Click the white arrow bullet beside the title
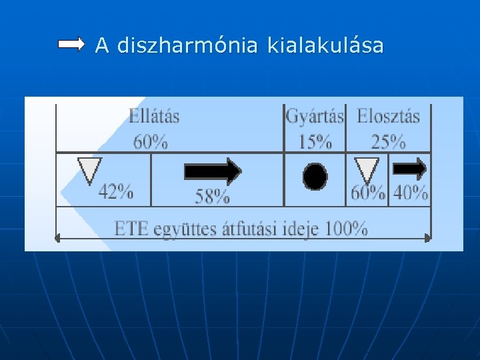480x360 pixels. (71, 45)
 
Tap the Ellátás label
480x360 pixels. (154, 116)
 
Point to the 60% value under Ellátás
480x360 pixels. (150, 141)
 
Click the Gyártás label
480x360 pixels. (315, 116)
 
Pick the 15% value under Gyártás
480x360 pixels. (315, 141)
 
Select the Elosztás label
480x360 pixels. (388, 116)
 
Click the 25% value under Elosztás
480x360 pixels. (388, 141)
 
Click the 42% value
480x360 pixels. (115, 193)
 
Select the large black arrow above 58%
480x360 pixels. (212, 171)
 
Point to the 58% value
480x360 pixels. (212, 197)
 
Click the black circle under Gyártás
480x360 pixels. (315, 177)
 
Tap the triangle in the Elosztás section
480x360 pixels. (366, 169)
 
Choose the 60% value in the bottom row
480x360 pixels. (368, 193)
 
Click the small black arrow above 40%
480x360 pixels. (410, 169)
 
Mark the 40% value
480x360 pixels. (410, 193)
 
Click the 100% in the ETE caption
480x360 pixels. (345, 229)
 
